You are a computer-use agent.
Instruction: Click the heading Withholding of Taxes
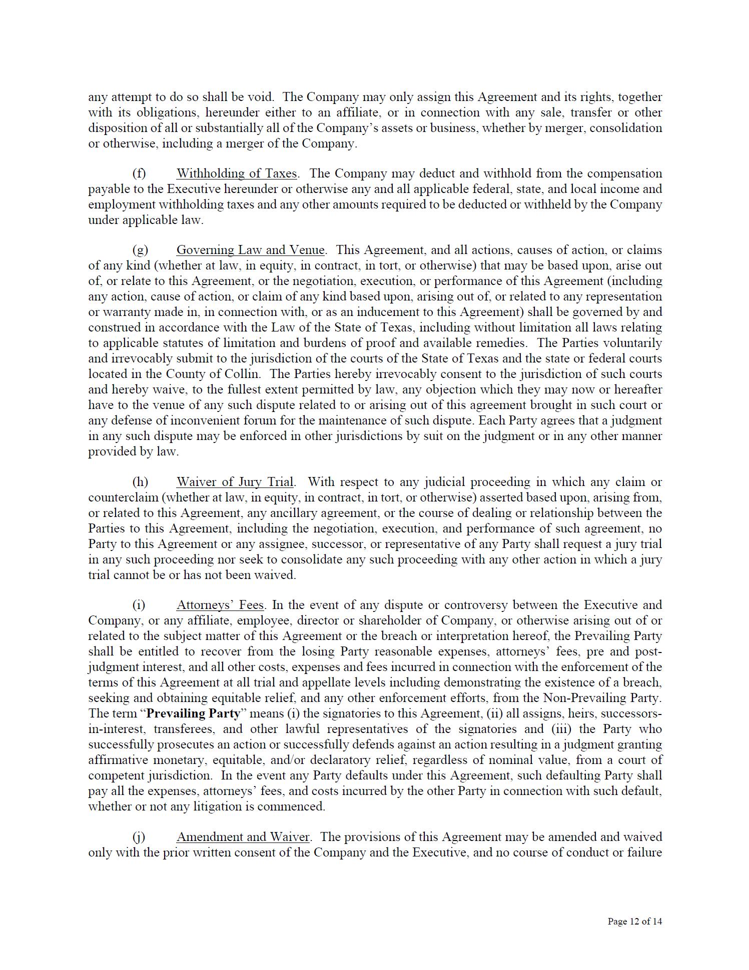point(237,173)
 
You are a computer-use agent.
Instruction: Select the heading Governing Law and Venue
point(250,250)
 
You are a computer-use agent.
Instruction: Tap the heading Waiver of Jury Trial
point(235,482)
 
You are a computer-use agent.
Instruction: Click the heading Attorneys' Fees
point(220,605)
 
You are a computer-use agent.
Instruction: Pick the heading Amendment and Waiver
point(243,837)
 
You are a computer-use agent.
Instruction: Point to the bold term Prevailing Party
point(193,713)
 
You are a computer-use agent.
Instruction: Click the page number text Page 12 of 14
point(634,921)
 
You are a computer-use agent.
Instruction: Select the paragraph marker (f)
point(139,173)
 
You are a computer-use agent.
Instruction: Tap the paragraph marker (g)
point(140,250)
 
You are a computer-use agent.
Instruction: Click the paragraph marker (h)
point(140,482)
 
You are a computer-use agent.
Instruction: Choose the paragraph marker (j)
point(139,837)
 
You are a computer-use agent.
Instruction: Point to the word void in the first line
point(261,97)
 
